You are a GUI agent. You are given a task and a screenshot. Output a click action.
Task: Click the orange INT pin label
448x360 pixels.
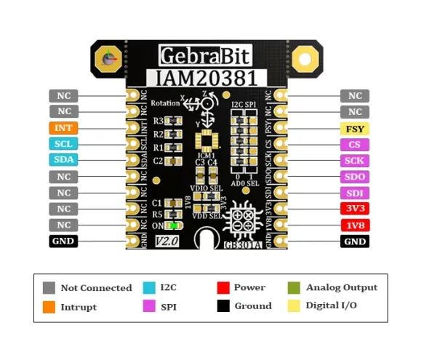click(64, 127)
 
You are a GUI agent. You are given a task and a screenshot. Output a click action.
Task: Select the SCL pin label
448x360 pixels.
click(64, 144)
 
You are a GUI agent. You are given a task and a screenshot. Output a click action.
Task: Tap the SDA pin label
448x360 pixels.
click(64, 160)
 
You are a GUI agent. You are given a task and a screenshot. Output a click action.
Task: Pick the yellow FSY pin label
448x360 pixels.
click(355, 129)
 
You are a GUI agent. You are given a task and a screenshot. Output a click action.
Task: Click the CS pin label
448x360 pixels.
click(355, 145)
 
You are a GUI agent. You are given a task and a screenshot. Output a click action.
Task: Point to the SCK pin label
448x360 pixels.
click(355, 161)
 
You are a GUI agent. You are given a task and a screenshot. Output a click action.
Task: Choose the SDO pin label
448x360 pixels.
click(355, 177)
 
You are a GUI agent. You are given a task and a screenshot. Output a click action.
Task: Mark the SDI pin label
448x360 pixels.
click(355, 193)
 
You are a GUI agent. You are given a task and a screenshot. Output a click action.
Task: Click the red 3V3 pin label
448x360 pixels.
click(355, 209)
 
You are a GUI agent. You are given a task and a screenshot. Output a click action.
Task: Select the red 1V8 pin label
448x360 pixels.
click(355, 225)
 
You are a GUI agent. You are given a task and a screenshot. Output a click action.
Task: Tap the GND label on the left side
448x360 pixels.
click(64, 241)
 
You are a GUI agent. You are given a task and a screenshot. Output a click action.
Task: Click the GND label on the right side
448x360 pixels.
click(355, 241)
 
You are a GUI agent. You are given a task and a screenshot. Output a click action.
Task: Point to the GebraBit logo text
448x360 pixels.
click(205, 55)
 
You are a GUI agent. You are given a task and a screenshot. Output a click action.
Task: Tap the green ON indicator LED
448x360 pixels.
click(175, 225)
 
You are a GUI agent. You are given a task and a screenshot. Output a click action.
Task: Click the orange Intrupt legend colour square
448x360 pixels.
click(49, 307)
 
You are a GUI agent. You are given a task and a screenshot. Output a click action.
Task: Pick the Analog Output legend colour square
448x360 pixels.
click(294, 288)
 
